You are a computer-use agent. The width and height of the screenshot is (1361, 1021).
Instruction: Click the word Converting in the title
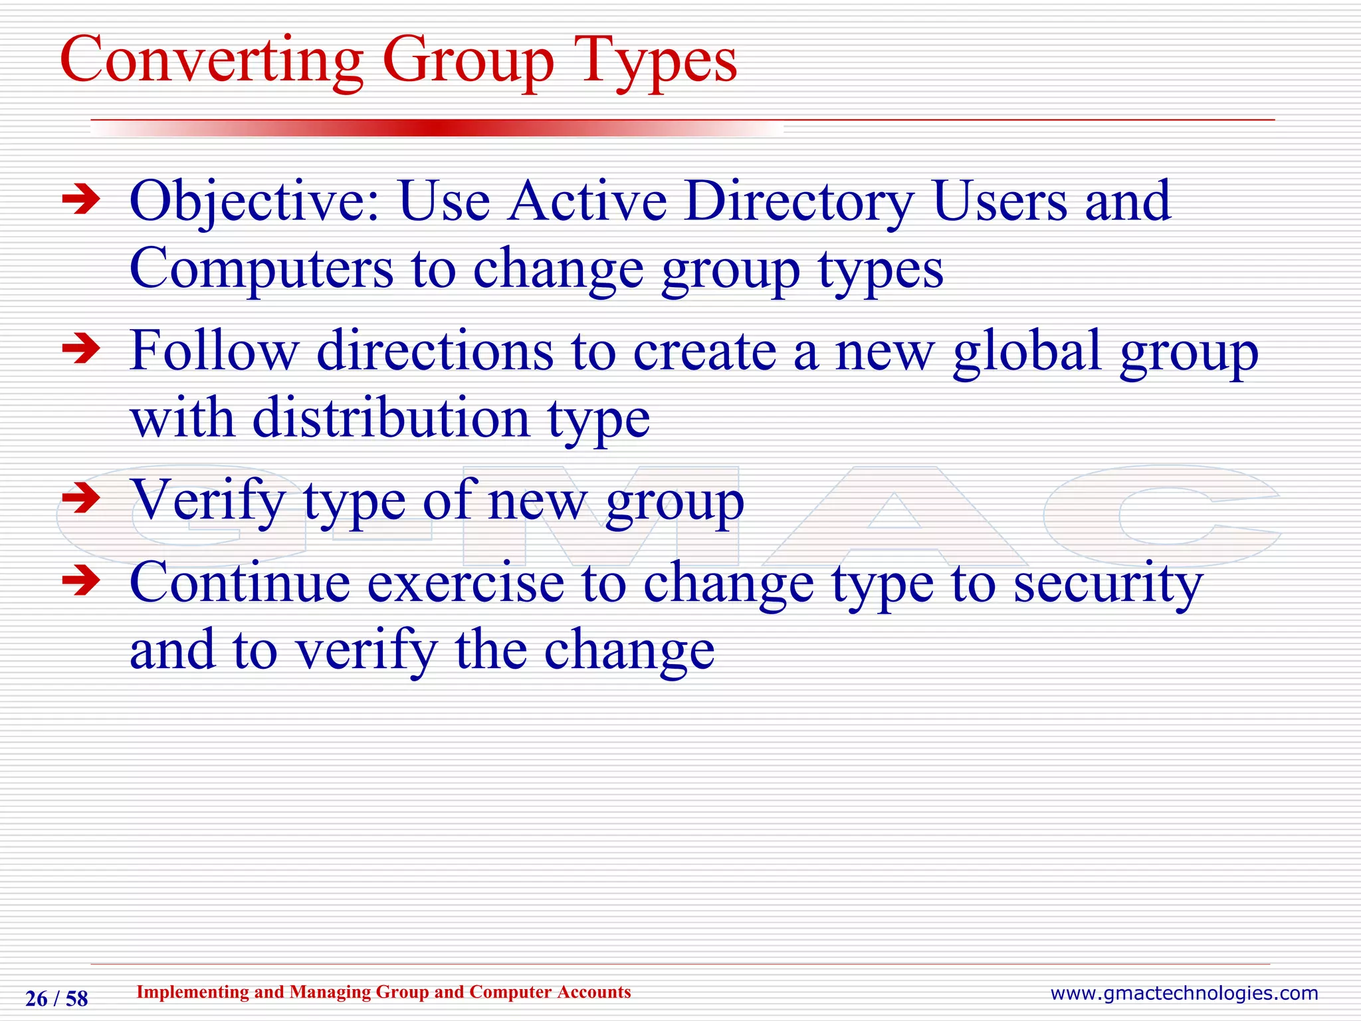211,61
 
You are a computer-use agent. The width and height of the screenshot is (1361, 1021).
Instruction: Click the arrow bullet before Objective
80,201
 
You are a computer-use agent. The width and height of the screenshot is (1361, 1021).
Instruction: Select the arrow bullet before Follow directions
80,350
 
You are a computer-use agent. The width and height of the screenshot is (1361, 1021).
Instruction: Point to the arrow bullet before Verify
80,499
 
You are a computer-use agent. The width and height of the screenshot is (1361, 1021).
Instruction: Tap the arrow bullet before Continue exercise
80,582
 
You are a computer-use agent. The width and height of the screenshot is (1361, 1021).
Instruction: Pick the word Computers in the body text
261,270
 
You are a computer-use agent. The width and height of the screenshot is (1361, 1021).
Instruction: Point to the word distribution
391,419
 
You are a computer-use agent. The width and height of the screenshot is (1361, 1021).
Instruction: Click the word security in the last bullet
1108,584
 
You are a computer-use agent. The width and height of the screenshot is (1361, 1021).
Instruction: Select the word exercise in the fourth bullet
465,583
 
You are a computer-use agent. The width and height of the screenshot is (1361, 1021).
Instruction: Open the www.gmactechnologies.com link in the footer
1184,994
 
